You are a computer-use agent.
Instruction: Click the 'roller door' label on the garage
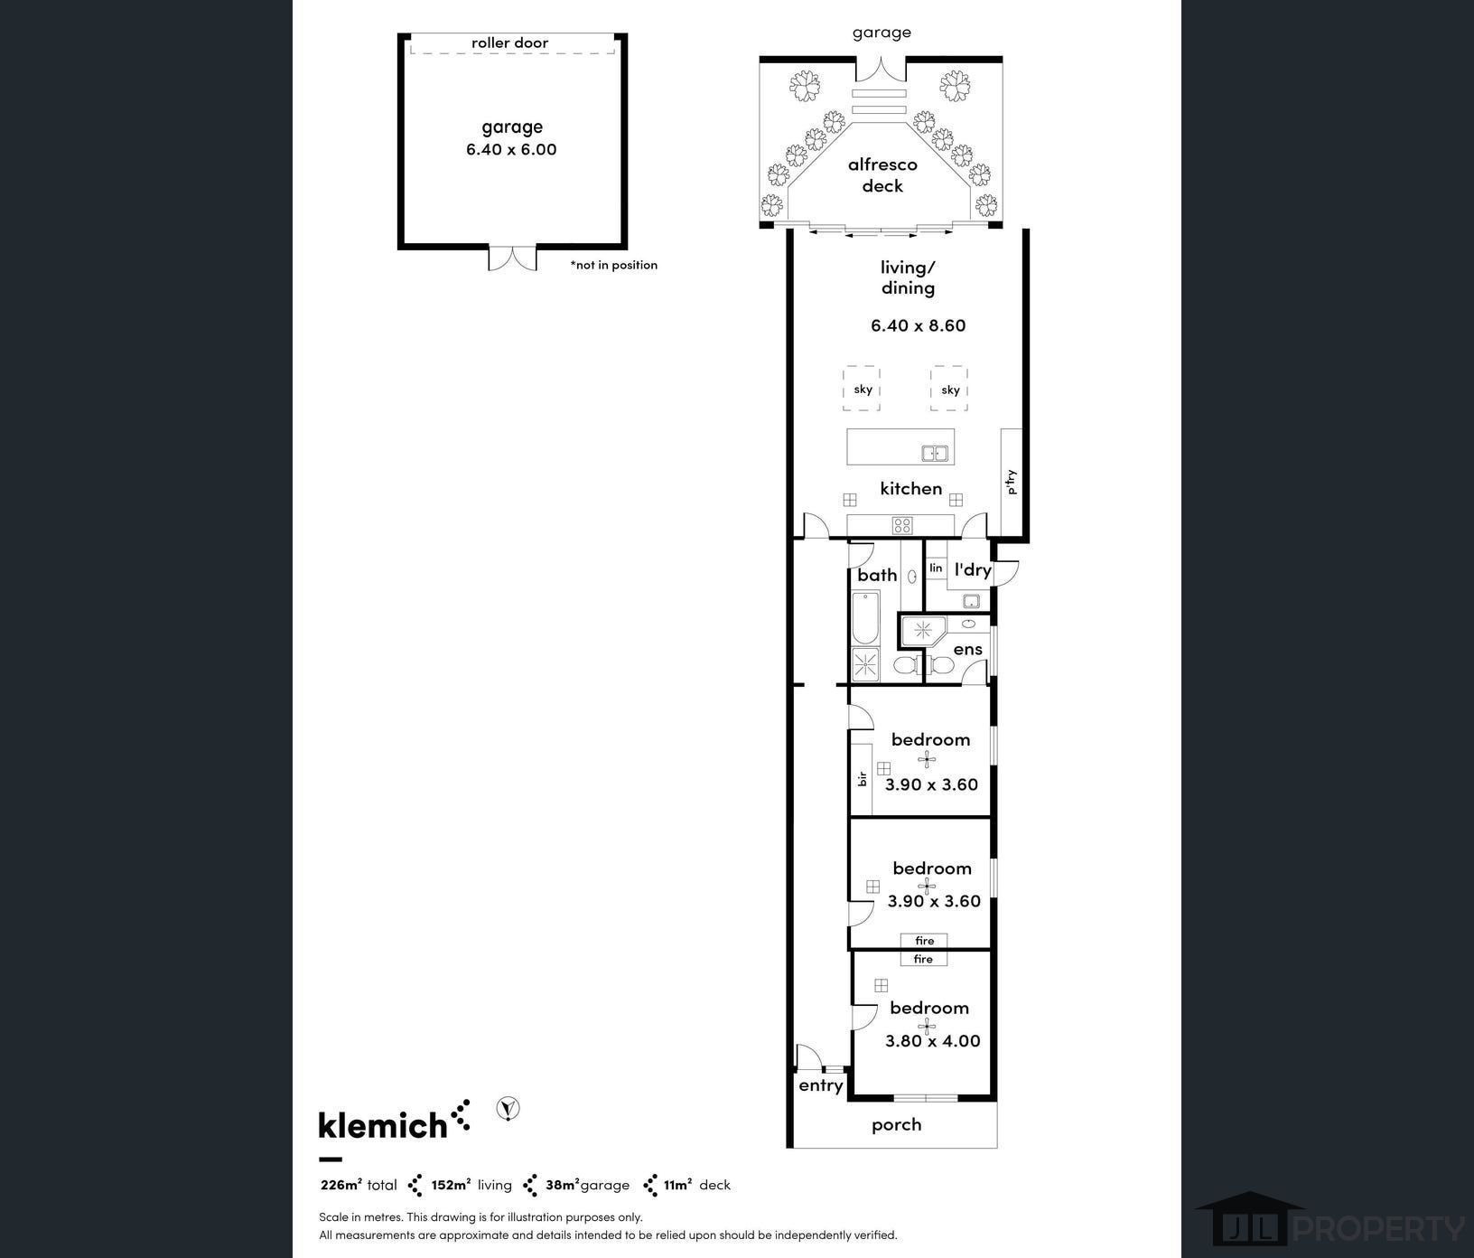(509, 42)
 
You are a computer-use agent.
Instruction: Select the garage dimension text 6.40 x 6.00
(511, 150)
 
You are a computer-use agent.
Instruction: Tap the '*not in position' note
(614, 265)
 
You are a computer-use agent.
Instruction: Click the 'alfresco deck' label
(882, 175)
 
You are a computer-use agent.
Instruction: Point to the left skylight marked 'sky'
(863, 389)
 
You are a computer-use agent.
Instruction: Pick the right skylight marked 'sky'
(949, 389)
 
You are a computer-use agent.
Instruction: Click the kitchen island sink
(935, 453)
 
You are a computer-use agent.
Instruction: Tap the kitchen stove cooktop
(902, 524)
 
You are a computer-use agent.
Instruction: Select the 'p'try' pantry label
(1012, 482)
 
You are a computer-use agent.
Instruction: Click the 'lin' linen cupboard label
(936, 568)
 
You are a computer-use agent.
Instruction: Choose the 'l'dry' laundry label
(973, 569)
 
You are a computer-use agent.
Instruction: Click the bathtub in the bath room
(865, 617)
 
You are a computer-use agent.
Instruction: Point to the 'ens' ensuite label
(967, 649)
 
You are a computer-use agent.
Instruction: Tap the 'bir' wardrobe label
(863, 778)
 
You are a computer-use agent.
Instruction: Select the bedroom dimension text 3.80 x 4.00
(932, 1041)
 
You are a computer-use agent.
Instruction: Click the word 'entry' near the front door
(821, 1086)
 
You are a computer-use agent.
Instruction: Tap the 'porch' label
(897, 1125)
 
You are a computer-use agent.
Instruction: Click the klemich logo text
(383, 1124)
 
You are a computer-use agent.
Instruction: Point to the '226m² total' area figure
(359, 1185)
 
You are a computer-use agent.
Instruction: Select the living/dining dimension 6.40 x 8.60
(918, 325)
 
